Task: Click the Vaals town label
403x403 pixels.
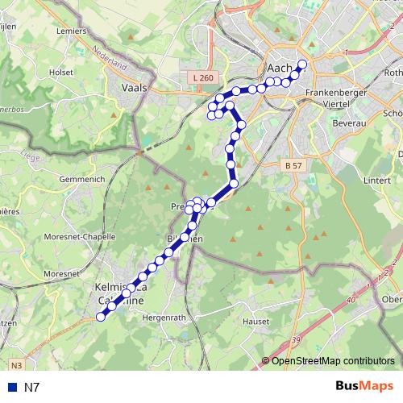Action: pyautogui.click(x=134, y=89)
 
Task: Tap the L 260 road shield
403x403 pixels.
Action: pyautogui.click(x=204, y=77)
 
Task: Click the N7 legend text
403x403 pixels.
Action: pyautogui.click(x=31, y=388)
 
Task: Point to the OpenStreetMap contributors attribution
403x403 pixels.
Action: pyautogui.click(x=332, y=360)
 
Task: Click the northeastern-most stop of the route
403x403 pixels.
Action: pyautogui.click(x=302, y=64)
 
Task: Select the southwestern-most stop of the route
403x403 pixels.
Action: pyautogui.click(x=101, y=317)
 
